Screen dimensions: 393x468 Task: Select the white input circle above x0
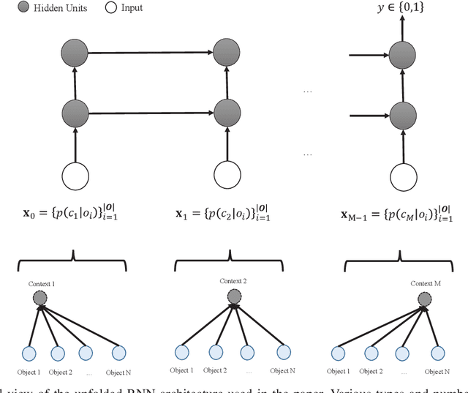pyautogui.click(x=73, y=177)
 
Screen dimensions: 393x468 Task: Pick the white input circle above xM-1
pyautogui.click(x=401, y=177)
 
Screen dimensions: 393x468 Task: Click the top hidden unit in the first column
pyautogui.click(x=73, y=53)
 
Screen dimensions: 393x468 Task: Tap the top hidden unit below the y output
pyautogui.click(x=401, y=53)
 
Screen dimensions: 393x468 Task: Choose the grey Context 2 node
pyautogui.click(x=234, y=296)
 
